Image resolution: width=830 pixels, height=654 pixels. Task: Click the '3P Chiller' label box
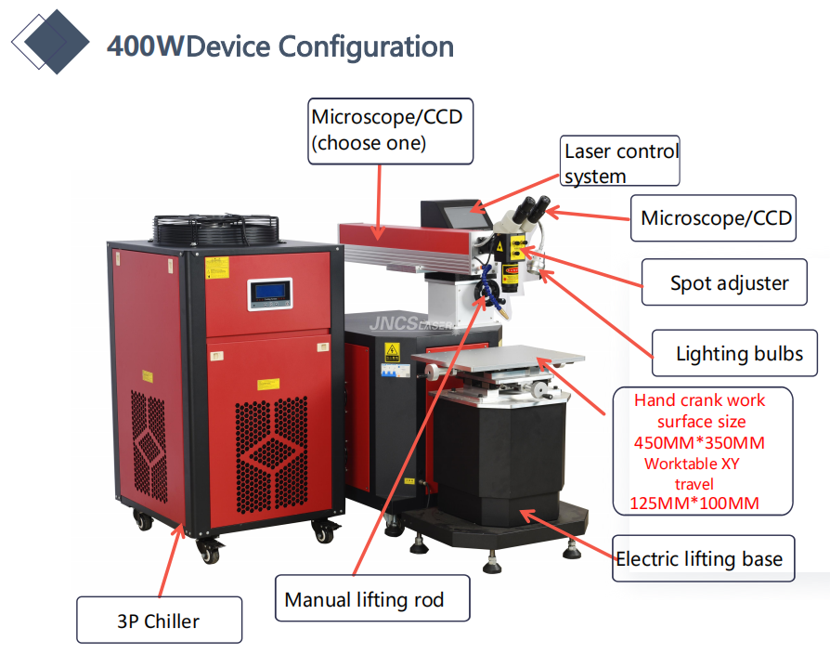pyautogui.click(x=159, y=620)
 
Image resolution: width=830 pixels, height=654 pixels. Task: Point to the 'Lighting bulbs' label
pyautogui.click(x=739, y=353)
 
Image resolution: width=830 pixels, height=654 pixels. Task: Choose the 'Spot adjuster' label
pyautogui.click(x=729, y=282)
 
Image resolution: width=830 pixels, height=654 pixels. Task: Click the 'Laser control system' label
pyautogui.click(x=620, y=163)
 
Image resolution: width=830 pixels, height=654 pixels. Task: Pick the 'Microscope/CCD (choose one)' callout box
pyautogui.click(x=389, y=130)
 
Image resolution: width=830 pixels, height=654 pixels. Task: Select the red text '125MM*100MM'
pyautogui.click(x=687, y=504)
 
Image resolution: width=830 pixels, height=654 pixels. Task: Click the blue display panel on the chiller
pyautogui.click(x=269, y=294)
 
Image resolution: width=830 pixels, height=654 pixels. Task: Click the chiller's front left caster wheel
pyautogui.click(x=208, y=552)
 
